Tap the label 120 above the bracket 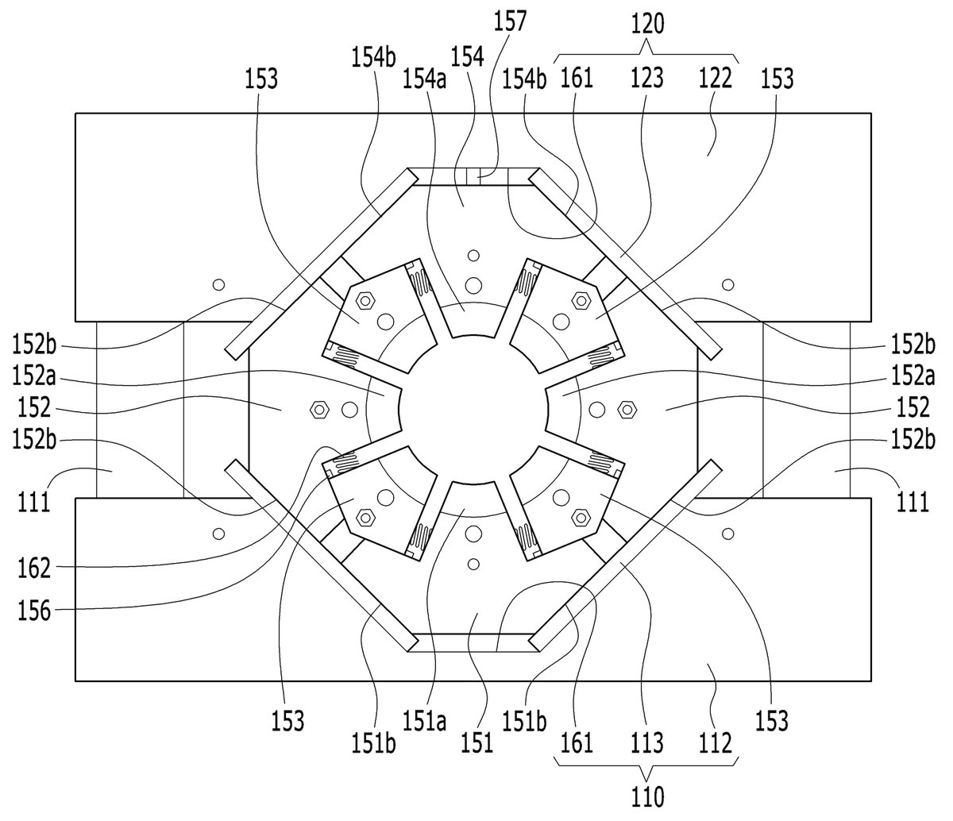coord(647,24)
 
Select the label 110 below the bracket coord(647,796)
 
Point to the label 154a coord(425,79)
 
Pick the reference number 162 coord(33,569)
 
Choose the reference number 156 coord(33,611)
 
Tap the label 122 coord(716,79)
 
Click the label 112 coord(716,743)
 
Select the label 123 coord(647,79)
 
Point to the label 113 coord(647,743)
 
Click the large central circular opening coord(473,410)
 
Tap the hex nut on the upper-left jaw coord(365,301)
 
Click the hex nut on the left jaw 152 coord(319,410)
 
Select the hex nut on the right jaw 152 coord(627,410)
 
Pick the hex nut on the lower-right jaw coord(581,518)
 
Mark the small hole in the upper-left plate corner coord(218,284)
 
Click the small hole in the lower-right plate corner coord(728,534)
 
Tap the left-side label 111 coord(33,503)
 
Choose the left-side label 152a coord(33,376)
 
